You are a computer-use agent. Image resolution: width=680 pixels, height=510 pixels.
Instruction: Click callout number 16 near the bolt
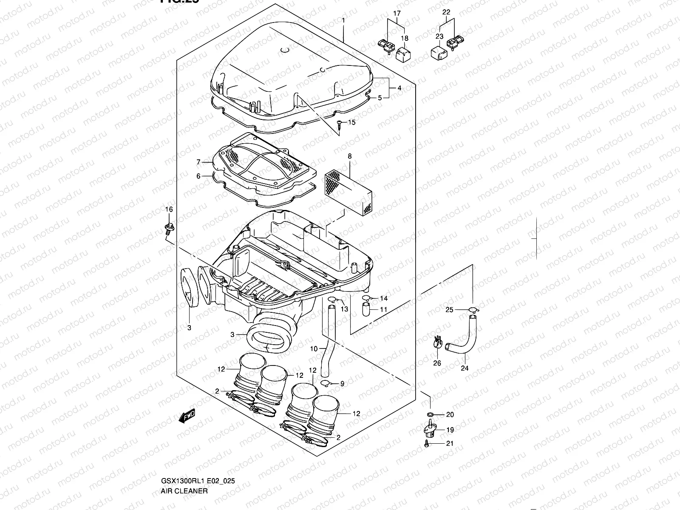point(169,209)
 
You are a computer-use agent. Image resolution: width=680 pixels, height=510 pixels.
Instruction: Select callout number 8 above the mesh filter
point(350,156)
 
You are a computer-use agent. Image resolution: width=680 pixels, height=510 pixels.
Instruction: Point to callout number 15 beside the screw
point(351,123)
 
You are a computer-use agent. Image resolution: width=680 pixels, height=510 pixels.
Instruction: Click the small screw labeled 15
point(339,124)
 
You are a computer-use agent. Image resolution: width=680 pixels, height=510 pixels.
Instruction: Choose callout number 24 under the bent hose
point(465,368)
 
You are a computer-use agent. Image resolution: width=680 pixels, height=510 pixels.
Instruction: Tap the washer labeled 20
point(430,414)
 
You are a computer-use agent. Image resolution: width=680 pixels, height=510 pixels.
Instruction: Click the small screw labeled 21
point(426,444)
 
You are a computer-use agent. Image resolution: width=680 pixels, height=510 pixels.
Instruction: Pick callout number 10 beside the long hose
point(314,349)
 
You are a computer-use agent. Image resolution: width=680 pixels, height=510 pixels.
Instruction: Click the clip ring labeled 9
point(325,384)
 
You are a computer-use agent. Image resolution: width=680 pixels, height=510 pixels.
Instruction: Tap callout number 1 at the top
point(343,20)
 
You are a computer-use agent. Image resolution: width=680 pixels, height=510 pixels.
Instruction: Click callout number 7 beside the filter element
point(198,162)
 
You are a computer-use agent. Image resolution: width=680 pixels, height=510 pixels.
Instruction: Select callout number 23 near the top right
point(439,37)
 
